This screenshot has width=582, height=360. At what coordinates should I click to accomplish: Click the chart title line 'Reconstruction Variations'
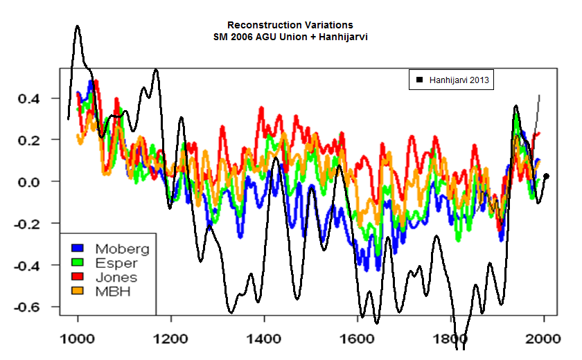[x=290, y=25]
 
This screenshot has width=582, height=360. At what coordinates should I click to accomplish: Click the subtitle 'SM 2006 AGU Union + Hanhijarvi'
[x=290, y=36]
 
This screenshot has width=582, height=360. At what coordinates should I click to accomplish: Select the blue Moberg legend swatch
[x=78, y=248]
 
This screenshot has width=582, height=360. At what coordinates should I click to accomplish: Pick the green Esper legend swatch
[x=78, y=262]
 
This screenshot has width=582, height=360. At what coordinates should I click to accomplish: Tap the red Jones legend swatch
[x=78, y=277]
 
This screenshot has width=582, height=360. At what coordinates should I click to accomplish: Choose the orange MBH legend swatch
[x=78, y=291]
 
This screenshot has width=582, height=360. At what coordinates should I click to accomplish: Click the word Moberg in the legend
[x=122, y=248]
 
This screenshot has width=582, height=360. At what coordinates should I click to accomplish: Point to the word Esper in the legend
[x=116, y=262]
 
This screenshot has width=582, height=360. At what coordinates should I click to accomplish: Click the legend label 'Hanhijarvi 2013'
[x=459, y=81]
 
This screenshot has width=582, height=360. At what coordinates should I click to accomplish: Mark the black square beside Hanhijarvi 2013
[x=419, y=81]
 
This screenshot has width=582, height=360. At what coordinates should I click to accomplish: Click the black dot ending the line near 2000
[x=547, y=176]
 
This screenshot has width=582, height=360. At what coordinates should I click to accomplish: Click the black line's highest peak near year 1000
[x=77, y=26]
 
